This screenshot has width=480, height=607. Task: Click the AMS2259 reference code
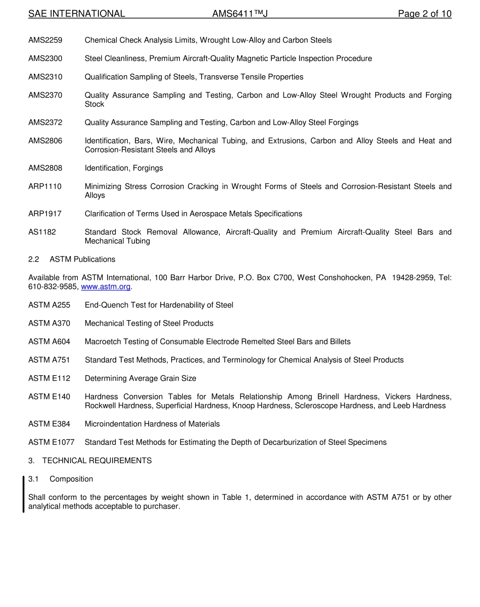pos(45,40)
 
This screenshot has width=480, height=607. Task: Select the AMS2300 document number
pos(45,59)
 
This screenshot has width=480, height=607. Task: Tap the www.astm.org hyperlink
pos(106,287)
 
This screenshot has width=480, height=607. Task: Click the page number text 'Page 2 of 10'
pos(424,14)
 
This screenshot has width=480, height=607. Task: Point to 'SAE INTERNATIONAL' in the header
pos(76,14)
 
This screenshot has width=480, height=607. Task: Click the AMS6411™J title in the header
pos(239,14)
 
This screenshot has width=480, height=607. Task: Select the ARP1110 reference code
pos(44,187)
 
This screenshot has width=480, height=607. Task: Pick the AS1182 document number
pos(42,232)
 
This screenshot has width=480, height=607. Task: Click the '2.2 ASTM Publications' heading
pos(72,260)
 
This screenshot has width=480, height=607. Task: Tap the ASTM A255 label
pos(49,305)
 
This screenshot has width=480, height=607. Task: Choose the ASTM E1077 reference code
pos(51,442)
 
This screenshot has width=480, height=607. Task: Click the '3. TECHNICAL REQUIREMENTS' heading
pos(90,461)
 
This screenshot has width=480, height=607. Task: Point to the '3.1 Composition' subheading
pos(61,479)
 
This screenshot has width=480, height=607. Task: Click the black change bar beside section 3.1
pos(23,494)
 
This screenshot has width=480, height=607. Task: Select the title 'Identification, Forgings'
pos(124,168)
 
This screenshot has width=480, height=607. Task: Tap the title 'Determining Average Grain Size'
pos(140,378)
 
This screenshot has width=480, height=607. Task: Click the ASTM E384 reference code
pos(49,424)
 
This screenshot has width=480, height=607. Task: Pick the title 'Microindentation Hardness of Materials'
pos(152,424)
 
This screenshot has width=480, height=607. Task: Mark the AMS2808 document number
pos(45,168)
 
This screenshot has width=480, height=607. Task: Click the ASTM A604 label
pos(49,342)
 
